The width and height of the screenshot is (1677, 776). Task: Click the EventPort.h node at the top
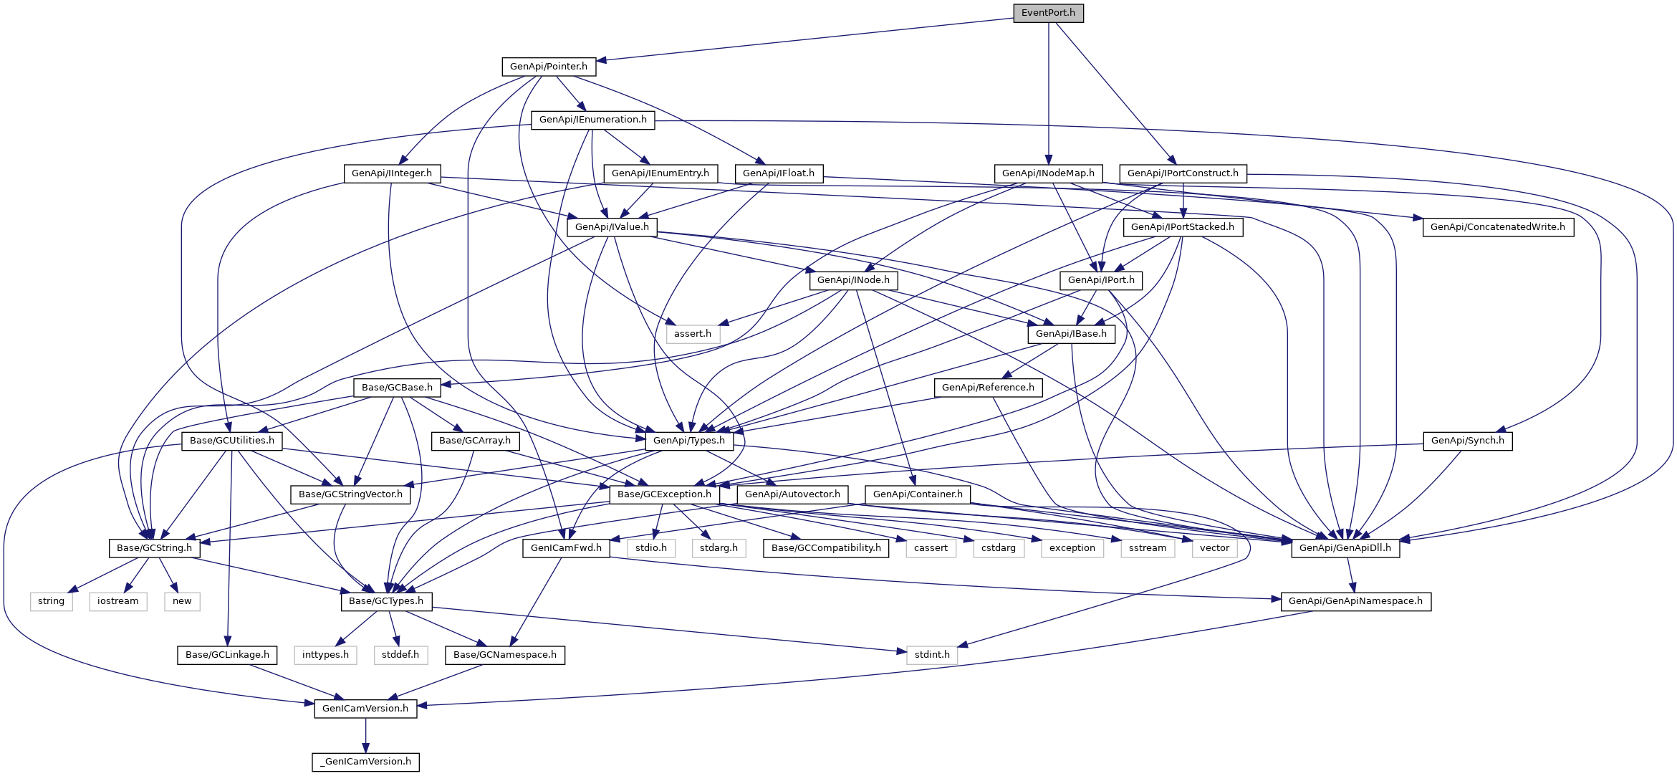click(1048, 13)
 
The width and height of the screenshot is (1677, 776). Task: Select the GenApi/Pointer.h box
click(549, 67)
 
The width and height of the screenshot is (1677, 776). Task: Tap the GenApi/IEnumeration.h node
click(592, 120)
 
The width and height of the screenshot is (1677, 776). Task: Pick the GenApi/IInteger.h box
click(392, 173)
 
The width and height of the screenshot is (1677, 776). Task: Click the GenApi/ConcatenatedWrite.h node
click(1498, 227)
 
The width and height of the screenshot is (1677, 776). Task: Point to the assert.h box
click(693, 334)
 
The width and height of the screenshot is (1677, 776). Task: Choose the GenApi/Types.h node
click(689, 441)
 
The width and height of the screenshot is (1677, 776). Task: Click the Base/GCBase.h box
click(397, 388)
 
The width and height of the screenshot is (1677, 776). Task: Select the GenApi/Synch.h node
click(1468, 441)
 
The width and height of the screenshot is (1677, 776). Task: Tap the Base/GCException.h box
click(664, 494)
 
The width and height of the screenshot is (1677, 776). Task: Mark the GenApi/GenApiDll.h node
click(1345, 548)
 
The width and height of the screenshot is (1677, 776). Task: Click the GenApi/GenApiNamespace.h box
click(1356, 601)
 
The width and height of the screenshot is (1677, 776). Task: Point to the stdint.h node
click(932, 655)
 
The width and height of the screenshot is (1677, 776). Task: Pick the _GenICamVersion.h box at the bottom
click(365, 762)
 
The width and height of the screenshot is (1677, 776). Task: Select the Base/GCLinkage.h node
click(227, 655)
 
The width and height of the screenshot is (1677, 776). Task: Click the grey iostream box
click(118, 601)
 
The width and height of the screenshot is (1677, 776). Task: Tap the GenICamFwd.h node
click(566, 548)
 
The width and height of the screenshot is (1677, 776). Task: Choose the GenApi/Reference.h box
click(988, 388)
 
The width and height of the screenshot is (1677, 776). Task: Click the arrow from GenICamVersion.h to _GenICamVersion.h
click(365, 735)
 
